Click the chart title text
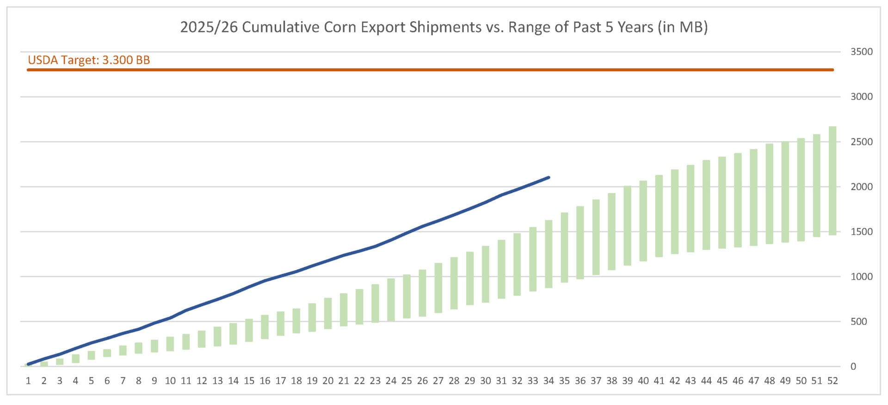tap(444, 27)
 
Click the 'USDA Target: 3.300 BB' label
tap(89, 60)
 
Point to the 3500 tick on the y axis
tap(861, 52)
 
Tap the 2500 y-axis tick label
tap(861, 142)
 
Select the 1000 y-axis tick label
tap(861, 276)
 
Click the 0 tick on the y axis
tap(853, 366)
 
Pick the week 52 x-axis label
tap(832, 380)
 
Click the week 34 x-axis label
tap(549, 380)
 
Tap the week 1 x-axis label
tap(28, 380)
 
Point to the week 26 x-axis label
tap(422, 380)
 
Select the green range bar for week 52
tap(832, 181)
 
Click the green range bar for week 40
tap(643, 221)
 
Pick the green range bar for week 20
tap(328, 313)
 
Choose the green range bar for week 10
tap(170, 343)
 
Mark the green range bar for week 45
tap(722, 202)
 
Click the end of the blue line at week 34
tap(549, 177)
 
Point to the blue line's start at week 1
tap(28, 364)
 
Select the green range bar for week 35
tap(564, 247)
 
